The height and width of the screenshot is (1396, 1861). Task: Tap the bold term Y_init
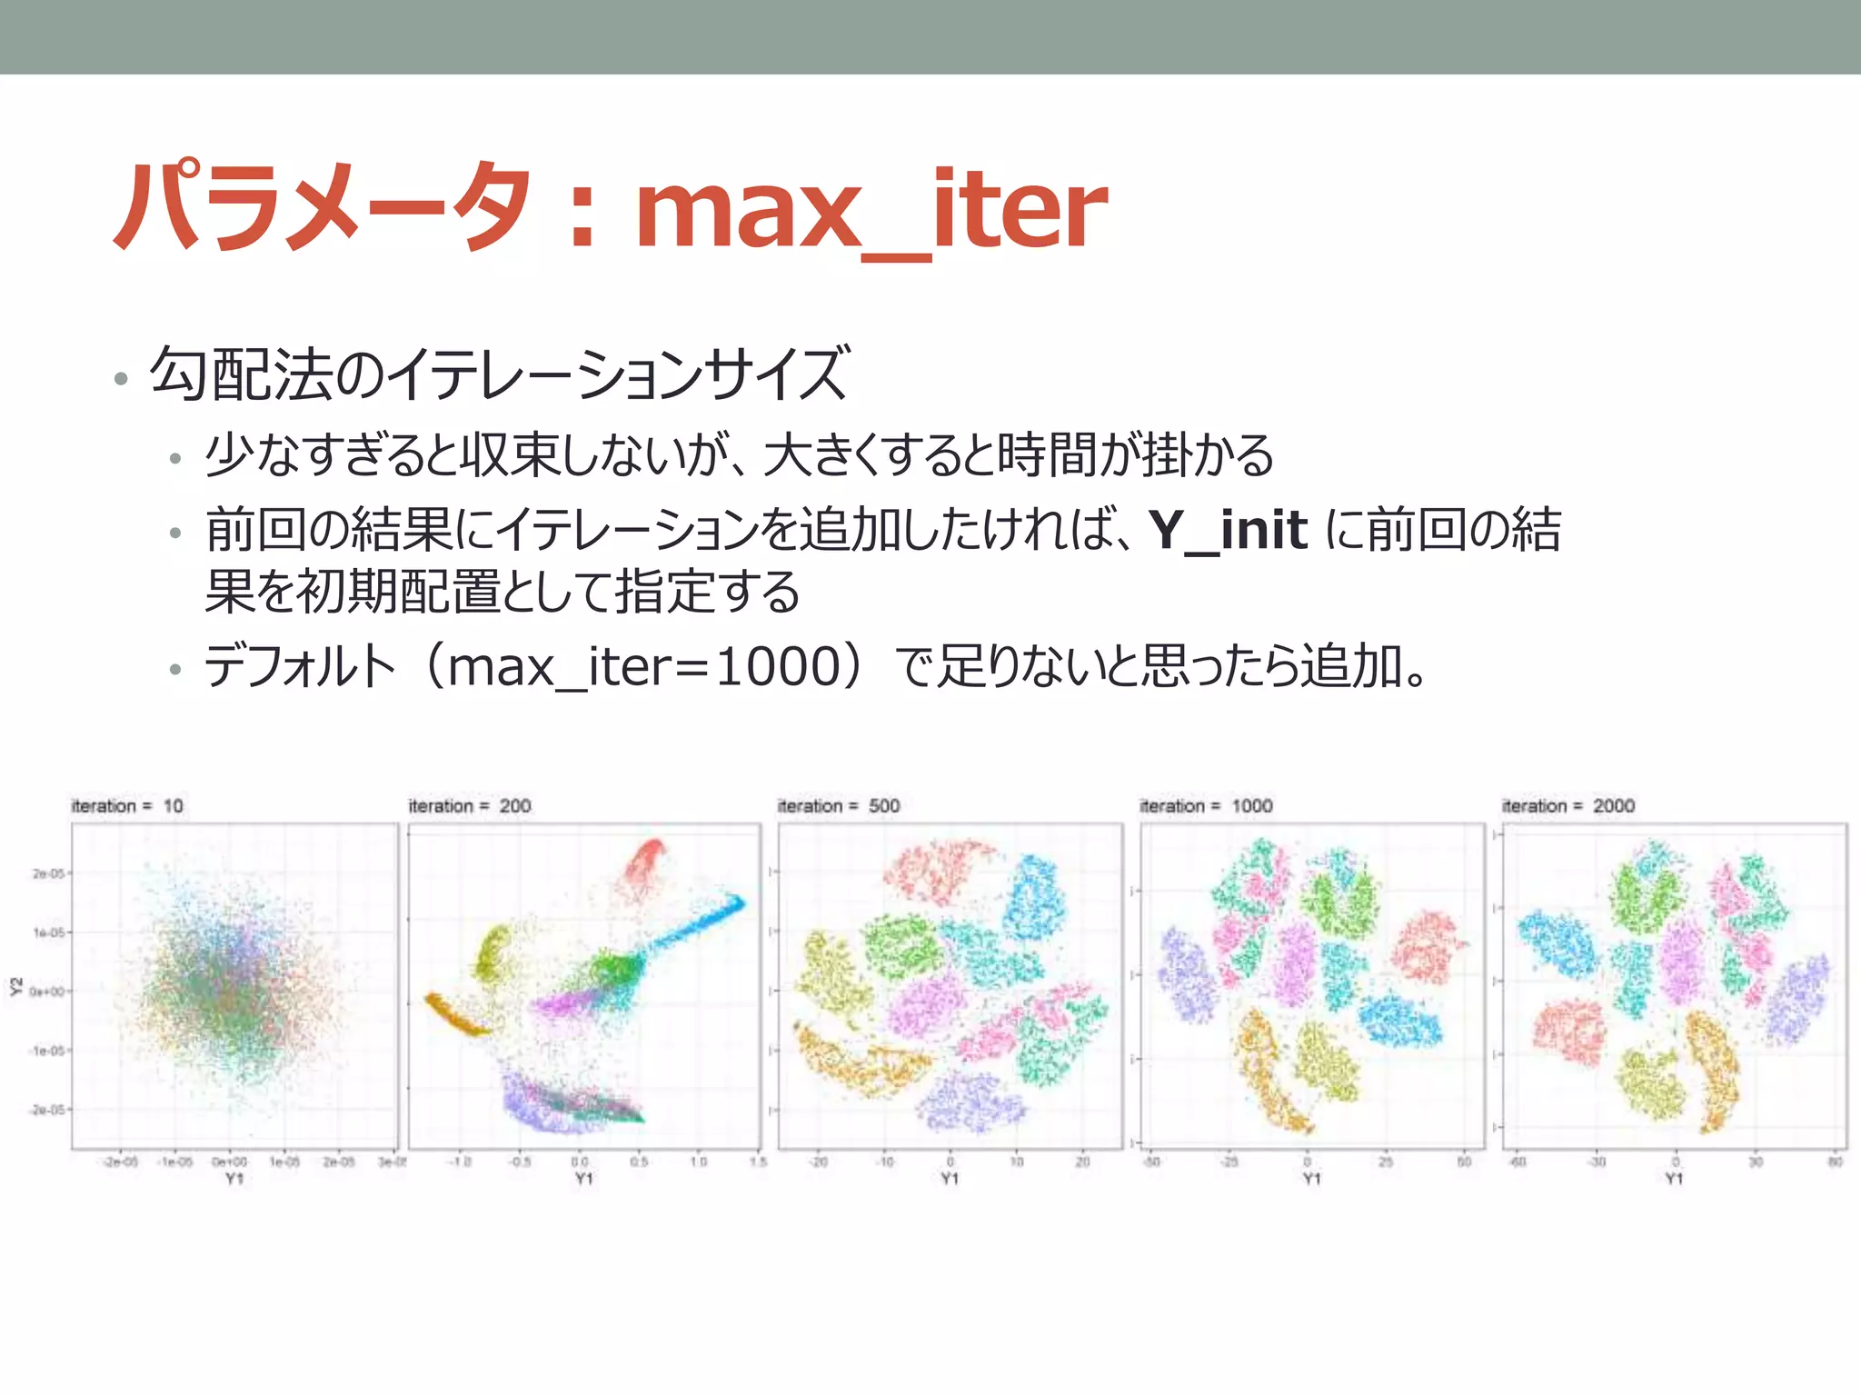click(1228, 530)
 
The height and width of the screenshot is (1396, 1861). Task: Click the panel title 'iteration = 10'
click(127, 806)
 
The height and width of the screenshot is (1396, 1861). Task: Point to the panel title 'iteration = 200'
click(470, 806)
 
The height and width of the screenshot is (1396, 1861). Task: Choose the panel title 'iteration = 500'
click(839, 806)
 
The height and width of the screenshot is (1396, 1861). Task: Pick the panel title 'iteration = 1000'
click(1206, 806)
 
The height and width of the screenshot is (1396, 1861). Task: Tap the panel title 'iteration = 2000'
click(1567, 806)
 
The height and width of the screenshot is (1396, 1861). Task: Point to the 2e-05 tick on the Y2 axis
click(48, 873)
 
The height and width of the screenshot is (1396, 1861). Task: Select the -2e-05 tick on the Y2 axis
click(46, 1110)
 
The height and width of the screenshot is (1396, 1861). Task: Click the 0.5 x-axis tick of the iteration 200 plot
click(639, 1162)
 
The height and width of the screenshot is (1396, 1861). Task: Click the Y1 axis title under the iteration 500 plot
click(950, 1179)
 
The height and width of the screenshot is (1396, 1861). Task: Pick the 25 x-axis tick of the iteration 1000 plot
click(1385, 1162)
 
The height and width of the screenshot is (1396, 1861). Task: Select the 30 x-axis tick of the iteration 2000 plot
click(1755, 1162)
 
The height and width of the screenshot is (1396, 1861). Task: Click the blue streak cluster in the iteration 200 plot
click(700, 922)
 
